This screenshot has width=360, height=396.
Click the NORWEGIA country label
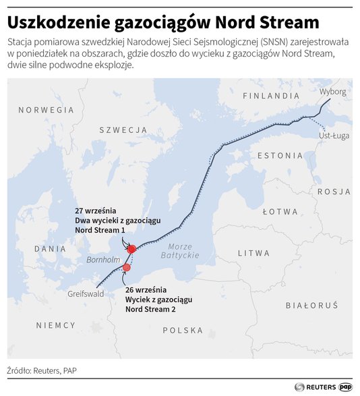click(x=45, y=109)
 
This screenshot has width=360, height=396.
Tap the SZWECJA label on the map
click(x=123, y=129)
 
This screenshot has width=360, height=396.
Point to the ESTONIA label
click(x=281, y=155)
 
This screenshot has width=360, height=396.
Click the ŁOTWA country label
click(x=280, y=211)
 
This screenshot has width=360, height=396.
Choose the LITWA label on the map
click(x=258, y=252)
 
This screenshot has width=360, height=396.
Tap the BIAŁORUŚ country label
click(x=311, y=306)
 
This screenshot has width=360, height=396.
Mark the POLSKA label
click(x=182, y=330)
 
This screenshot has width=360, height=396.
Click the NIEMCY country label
click(x=56, y=325)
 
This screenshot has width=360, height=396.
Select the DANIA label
click(x=51, y=248)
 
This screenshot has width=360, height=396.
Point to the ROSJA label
click(x=334, y=191)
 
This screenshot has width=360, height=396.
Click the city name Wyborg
click(x=333, y=91)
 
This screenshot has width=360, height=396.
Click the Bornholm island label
click(x=102, y=260)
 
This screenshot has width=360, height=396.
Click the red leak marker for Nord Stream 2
click(x=126, y=268)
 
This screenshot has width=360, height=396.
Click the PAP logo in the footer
click(x=346, y=387)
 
